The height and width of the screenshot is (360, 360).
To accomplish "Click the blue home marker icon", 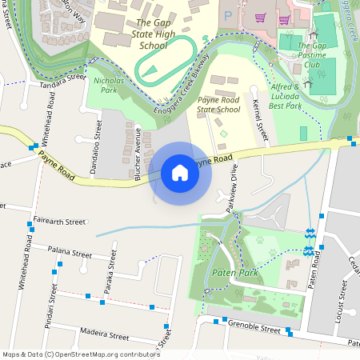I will coord(179,173).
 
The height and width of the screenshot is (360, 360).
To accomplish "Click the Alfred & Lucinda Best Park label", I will coord(286,95).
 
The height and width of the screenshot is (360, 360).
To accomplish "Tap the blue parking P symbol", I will coord(228,15).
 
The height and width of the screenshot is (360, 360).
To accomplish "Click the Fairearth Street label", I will coord(59,221).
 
